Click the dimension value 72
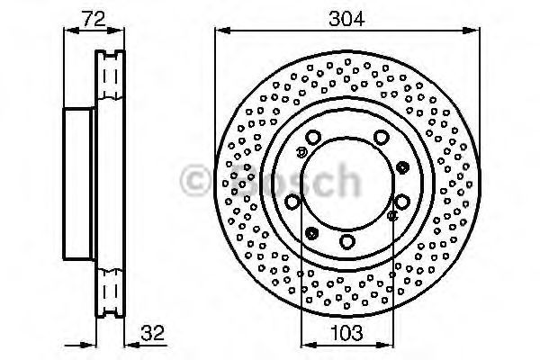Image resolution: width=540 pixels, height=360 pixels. [x=94, y=19]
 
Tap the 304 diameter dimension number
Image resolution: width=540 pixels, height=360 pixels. [x=346, y=19]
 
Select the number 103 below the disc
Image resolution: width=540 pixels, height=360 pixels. [x=346, y=332]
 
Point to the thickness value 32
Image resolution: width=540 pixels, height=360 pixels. [x=153, y=332]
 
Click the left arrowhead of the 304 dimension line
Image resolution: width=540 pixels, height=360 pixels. [x=222, y=31]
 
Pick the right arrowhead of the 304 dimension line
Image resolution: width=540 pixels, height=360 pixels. [x=472, y=31]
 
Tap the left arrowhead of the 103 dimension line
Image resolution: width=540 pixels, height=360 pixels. [x=309, y=345]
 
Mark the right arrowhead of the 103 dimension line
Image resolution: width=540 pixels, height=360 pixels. [x=384, y=345]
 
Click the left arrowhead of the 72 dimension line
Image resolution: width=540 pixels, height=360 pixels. [x=72, y=31]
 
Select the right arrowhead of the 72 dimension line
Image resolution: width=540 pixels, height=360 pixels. [x=115, y=31]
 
